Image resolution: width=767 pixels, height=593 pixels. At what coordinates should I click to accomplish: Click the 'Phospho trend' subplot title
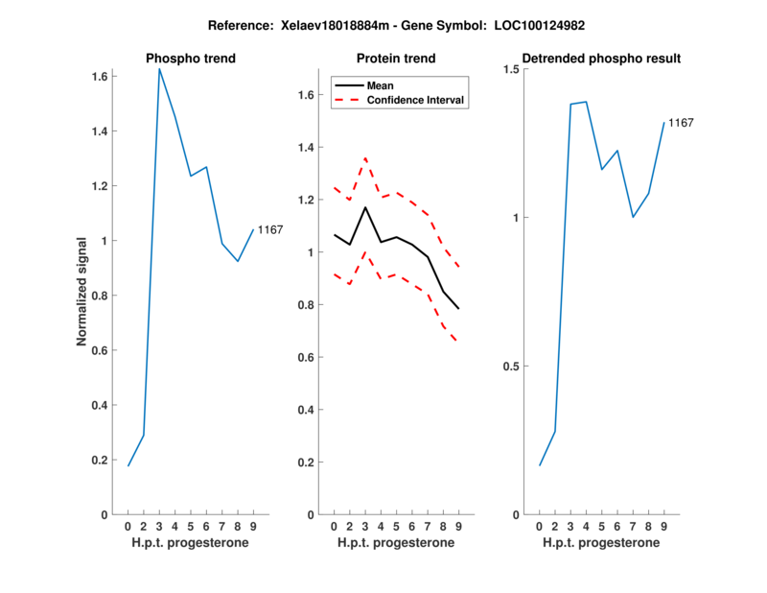191,59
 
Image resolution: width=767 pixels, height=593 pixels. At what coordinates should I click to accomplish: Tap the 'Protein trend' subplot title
396,59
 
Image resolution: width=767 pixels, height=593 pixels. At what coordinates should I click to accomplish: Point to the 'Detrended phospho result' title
601,59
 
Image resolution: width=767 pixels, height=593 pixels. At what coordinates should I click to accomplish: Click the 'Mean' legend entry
381,85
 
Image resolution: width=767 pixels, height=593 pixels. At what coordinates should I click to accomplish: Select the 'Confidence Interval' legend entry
416,100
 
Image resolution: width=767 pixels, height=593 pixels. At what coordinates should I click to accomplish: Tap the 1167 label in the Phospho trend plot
270,229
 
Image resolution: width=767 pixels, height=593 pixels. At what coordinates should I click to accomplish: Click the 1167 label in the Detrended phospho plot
681,123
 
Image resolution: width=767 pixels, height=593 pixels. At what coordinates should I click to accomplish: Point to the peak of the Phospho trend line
159,68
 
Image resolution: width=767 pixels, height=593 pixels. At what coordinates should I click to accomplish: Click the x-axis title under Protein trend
396,543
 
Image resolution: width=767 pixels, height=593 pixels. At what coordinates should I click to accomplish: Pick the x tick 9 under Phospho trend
253,526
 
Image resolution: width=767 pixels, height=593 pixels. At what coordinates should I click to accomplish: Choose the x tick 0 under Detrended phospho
539,526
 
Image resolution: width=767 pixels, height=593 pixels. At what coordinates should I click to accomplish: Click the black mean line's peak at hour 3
365,207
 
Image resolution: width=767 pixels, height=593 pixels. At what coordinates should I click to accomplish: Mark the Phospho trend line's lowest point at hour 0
128,465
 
